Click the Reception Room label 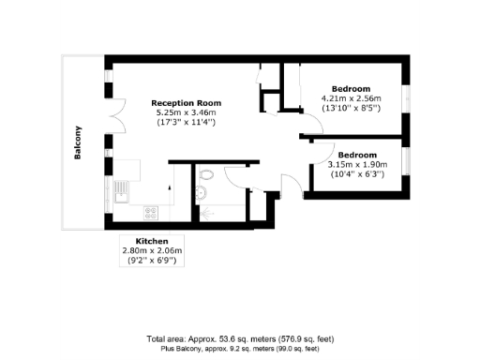point(186,103)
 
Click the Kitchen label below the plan point(152,241)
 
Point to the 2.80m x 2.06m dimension point(152,250)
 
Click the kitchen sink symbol point(122,195)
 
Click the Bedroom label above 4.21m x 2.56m point(352,88)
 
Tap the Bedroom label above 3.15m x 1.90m point(357,155)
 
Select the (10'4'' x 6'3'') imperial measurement point(357,173)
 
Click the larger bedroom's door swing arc point(309,127)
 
